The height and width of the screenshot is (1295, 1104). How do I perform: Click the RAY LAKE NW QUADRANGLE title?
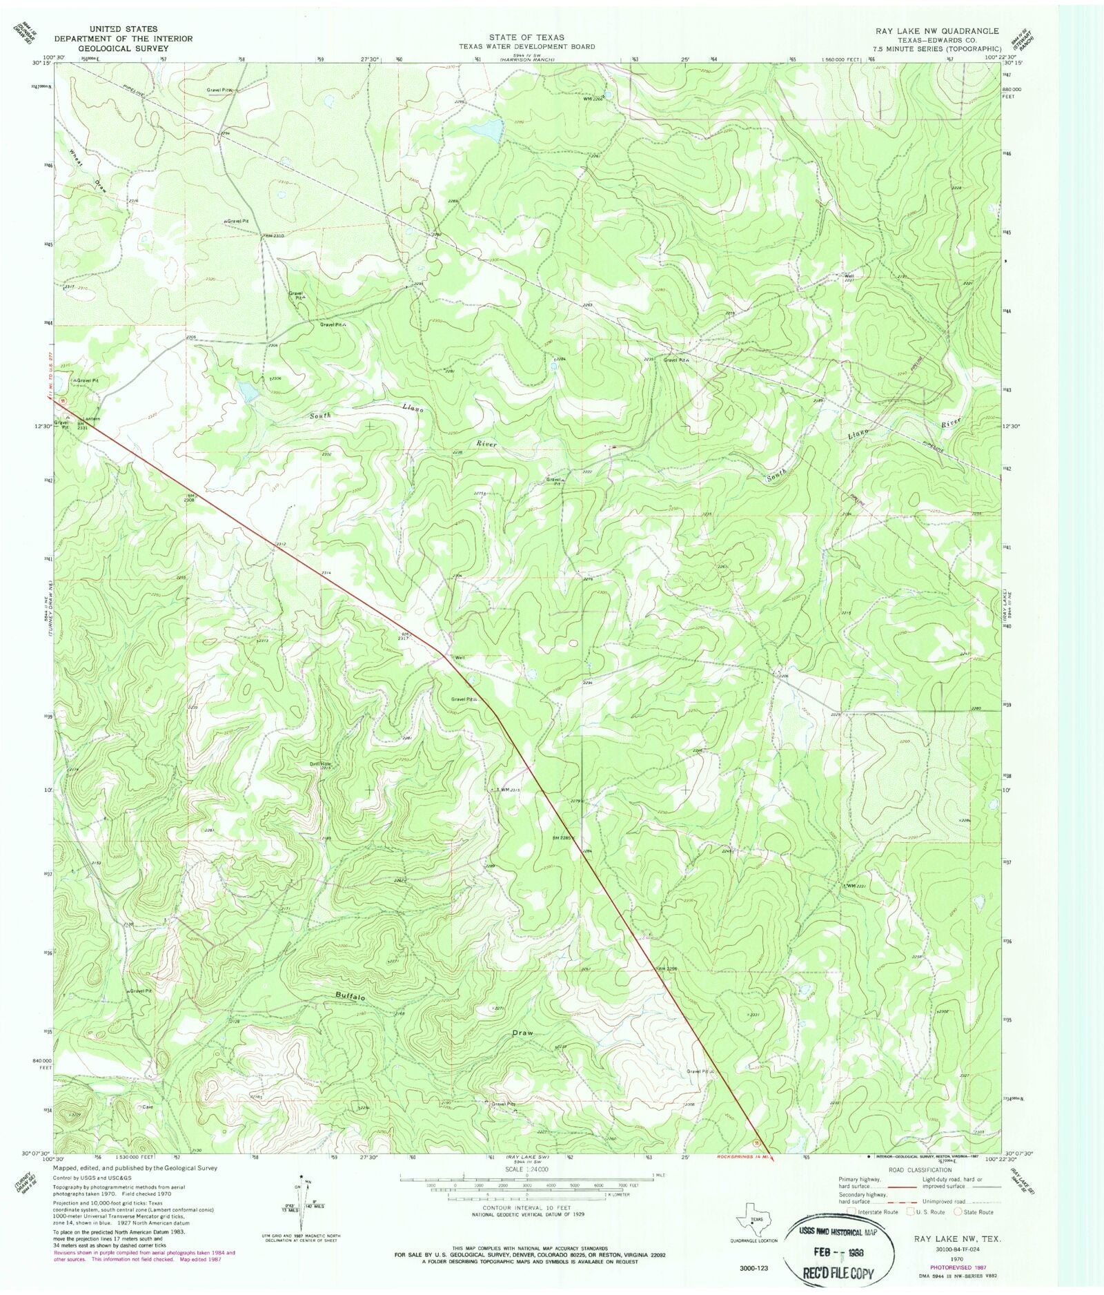click(x=936, y=31)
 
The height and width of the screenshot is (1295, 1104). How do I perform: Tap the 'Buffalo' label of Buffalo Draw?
click(x=351, y=996)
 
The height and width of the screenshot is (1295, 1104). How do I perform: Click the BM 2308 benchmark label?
click(x=189, y=498)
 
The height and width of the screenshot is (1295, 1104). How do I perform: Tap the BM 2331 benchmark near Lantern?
click(x=82, y=426)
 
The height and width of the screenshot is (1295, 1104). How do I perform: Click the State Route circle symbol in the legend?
click(x=958, y=1211)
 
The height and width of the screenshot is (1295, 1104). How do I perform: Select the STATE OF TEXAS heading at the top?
click(x=526, y=37)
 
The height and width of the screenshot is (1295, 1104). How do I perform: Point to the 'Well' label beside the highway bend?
click(x=459, y=657)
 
